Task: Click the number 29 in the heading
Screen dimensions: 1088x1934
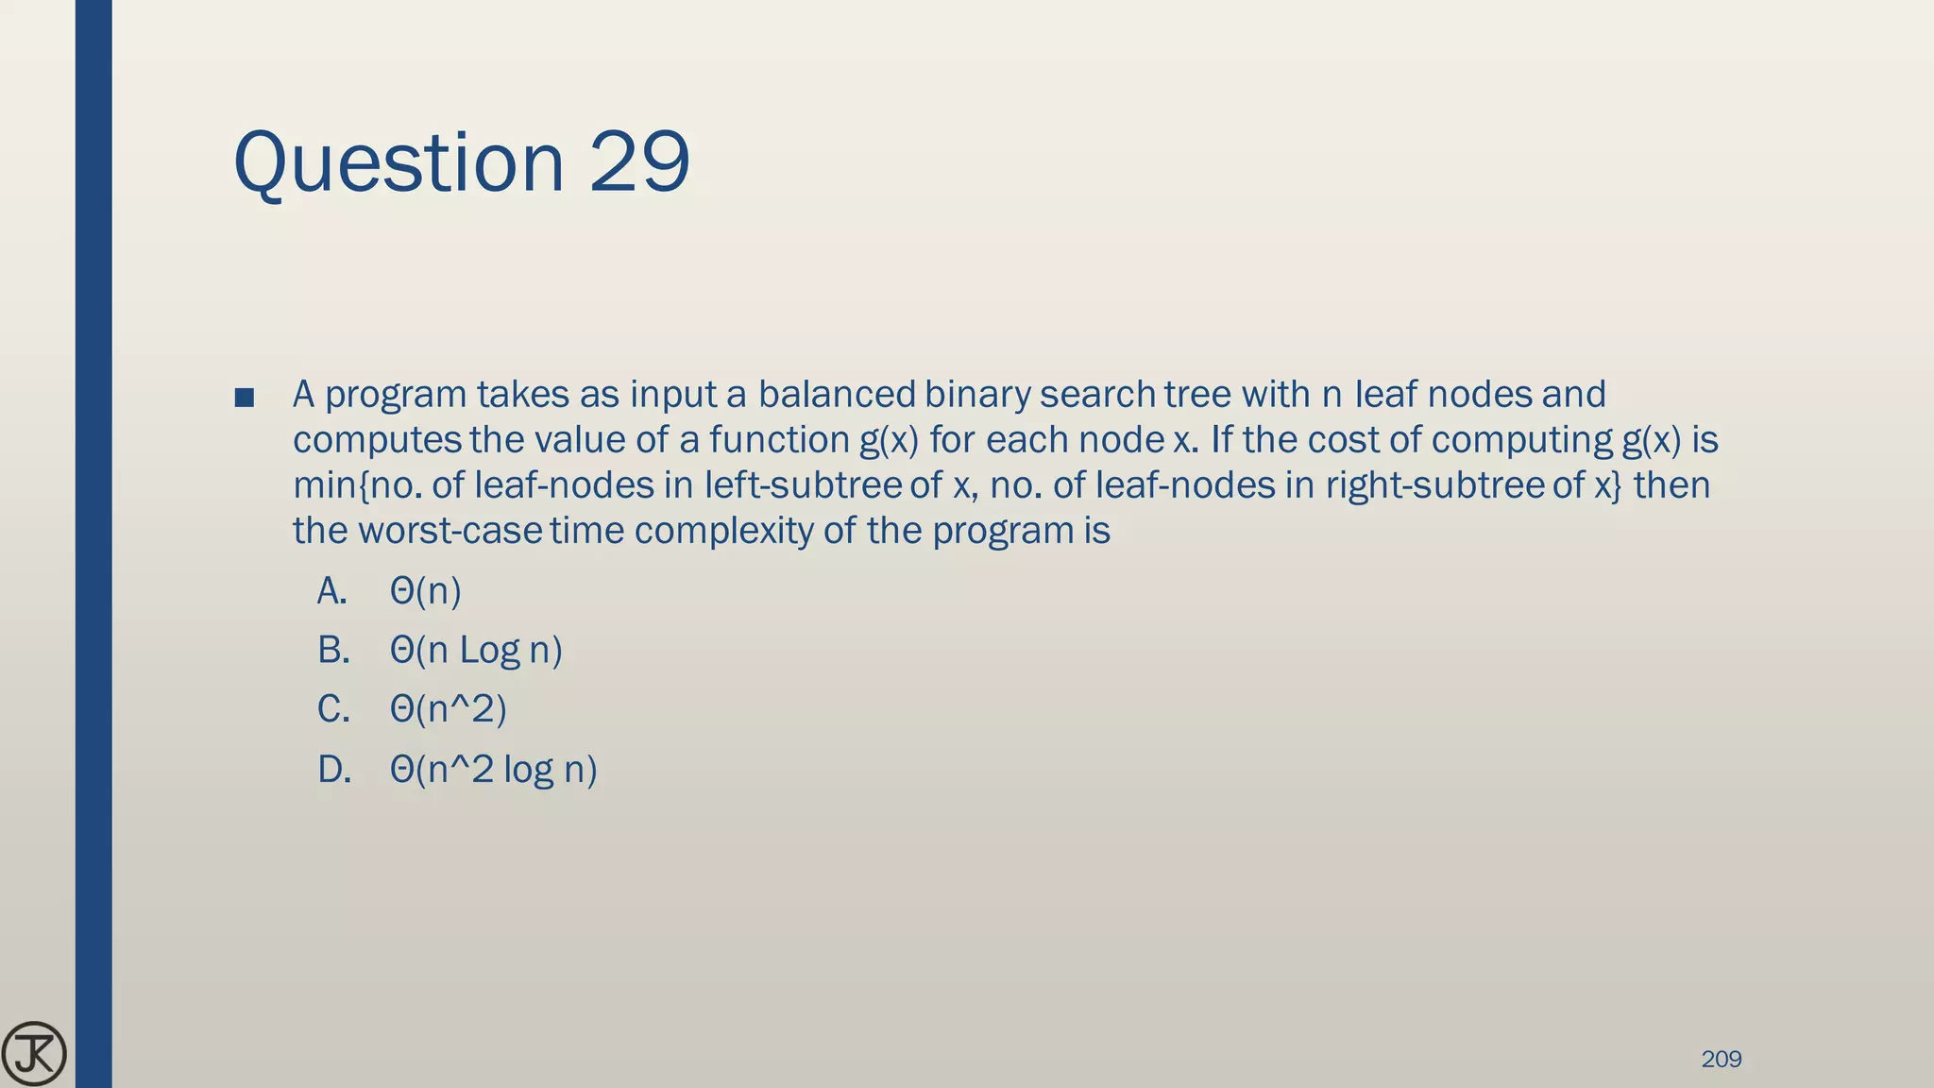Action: click(639, 162)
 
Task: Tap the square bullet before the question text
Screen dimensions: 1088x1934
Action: click(245, 398)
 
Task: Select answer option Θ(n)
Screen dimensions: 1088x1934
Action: click(425, 591)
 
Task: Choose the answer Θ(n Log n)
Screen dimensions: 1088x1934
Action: click(476, 650)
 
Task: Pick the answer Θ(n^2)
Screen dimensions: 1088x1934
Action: click(448, 709)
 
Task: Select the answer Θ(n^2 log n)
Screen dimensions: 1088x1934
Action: click(493, 770)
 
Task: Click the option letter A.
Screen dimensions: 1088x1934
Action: click(331, 591)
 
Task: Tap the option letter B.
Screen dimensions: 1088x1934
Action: click(333, 650)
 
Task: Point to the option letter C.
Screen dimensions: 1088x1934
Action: click(333, 709)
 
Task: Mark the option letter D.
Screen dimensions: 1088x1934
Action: click(334, 770)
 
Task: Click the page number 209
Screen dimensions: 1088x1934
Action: click(1721, 1059)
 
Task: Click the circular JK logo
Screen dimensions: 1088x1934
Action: click(34, 1054)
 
